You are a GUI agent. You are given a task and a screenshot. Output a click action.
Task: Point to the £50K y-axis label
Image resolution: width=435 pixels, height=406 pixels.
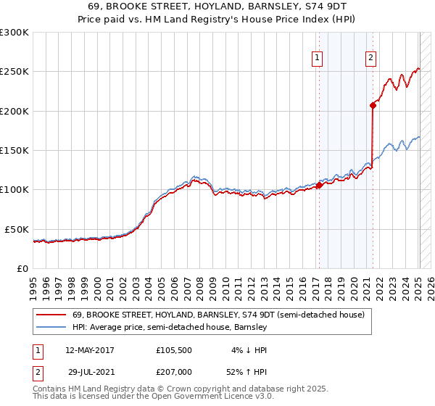point(14,229)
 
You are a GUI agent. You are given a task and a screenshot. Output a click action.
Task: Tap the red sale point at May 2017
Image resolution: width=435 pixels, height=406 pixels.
point(319,186)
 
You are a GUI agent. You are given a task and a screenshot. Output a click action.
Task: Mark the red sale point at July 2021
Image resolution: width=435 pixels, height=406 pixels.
point(373,105)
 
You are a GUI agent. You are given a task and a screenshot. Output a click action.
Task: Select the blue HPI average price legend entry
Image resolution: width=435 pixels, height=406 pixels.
point(170,327)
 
